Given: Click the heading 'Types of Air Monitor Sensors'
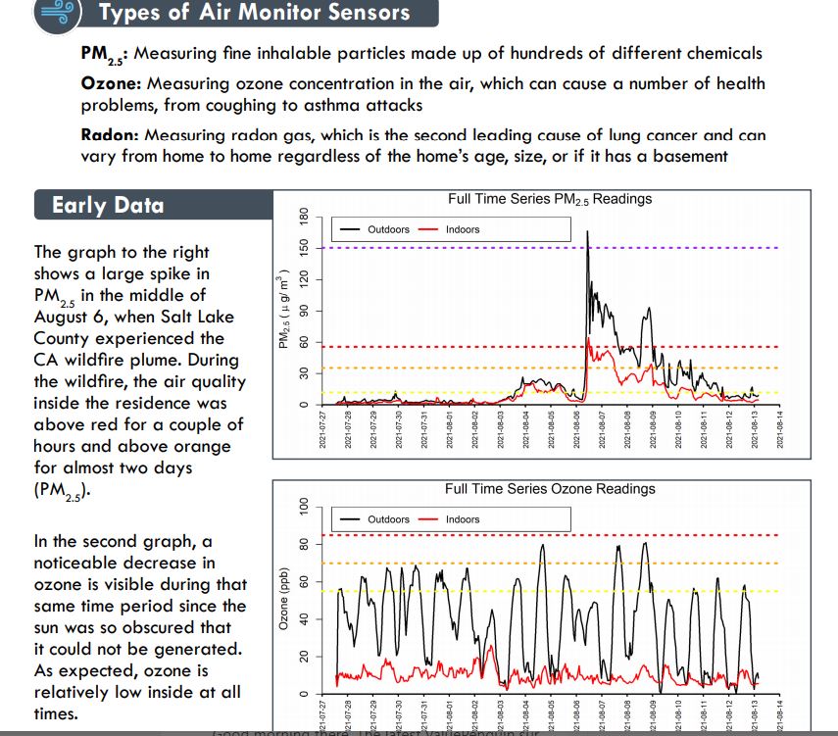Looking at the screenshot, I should (255, 13).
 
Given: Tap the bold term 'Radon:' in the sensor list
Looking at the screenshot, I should (111, 135).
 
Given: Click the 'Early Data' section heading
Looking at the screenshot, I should (108, 205).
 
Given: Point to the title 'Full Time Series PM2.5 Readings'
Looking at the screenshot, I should (549, 199).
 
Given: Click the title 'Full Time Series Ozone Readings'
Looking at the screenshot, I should (549, 488).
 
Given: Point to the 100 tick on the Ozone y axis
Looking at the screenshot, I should (303, 507).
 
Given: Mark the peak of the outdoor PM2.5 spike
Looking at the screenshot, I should (587, 231).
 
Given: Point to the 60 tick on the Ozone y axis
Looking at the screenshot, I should (303, 582).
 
